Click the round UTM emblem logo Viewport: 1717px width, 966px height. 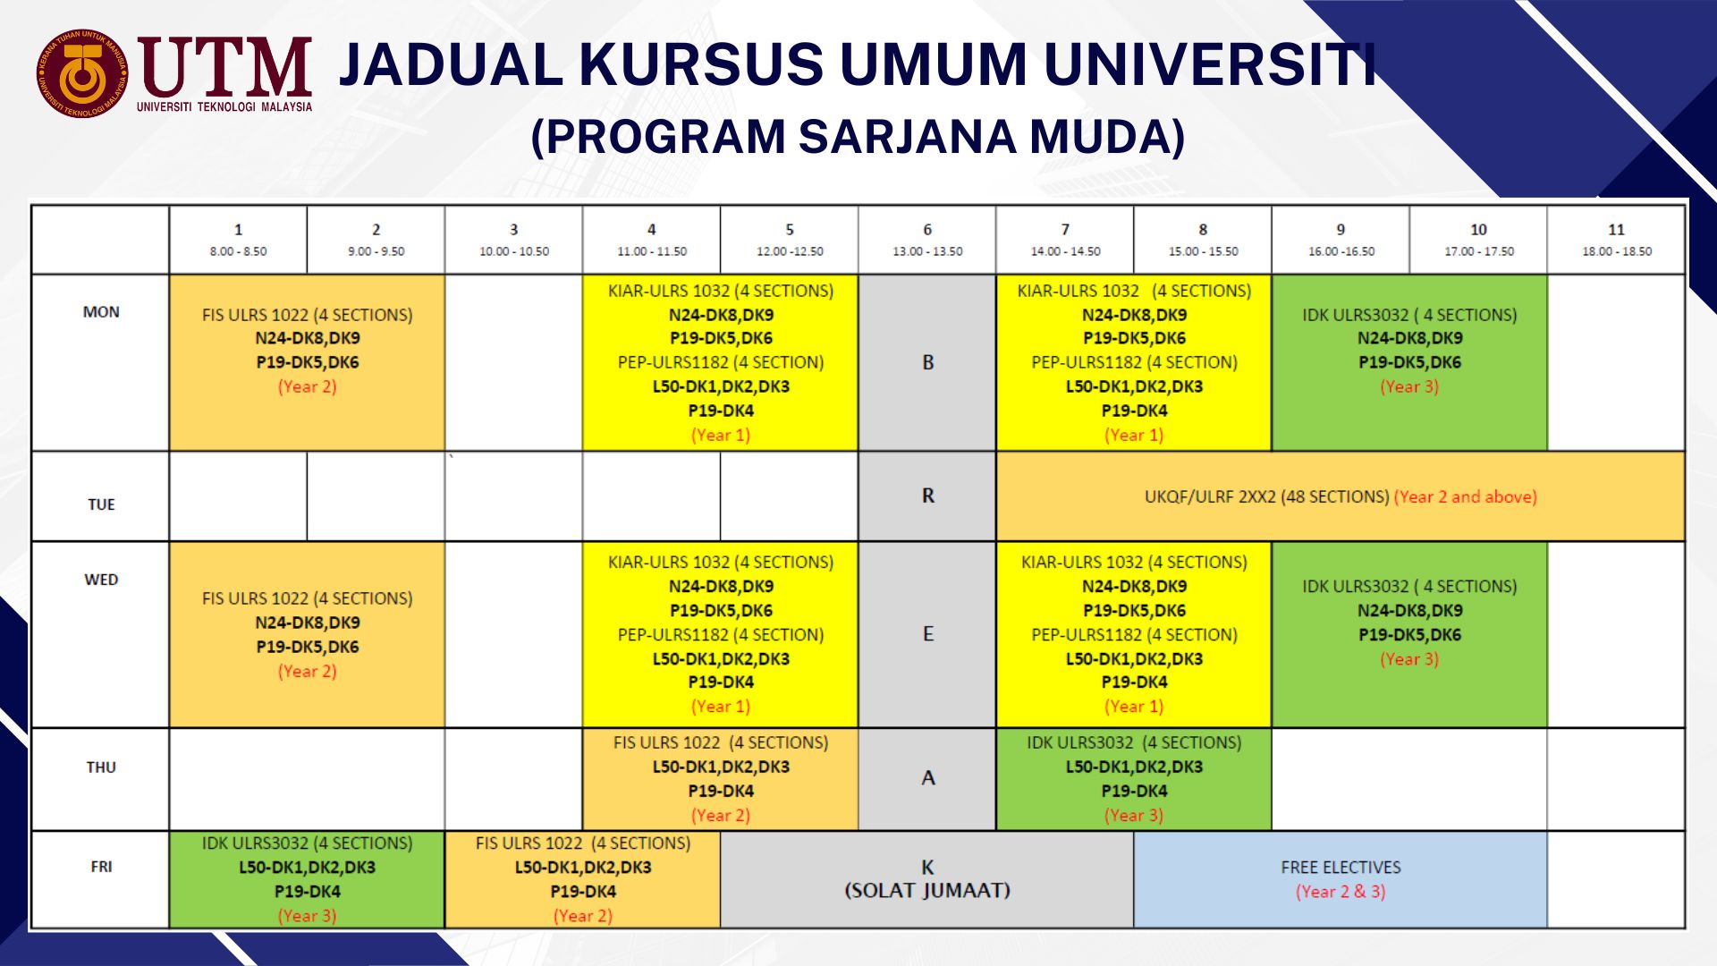pyautogui.click(x=81, y=73)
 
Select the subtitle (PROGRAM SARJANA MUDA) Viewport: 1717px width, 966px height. pyautogui.click(x=858, y=137)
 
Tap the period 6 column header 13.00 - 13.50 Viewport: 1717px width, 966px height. pyautogui.click(x=927, y=240)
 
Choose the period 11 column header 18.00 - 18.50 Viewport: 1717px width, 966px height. pyautogui.click(x=1617, y=240)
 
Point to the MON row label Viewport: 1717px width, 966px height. pyautogui.click(x=101, y=312)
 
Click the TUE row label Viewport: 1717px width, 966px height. pyautogui.click(x=101, y=504)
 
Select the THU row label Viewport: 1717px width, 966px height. pyautogui.click(x=101, y=767)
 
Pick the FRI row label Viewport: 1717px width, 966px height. pyautogui.click(x=101, y=867)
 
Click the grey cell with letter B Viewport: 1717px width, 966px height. pyautogui.click(x=927, y=362)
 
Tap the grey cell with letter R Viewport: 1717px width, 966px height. pyautogui.click(x=927, y=496)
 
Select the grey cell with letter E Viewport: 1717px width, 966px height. pyautogui.click(x=927, y=634)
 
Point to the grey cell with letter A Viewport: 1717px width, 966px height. pyautogui.click(x=927, y=779)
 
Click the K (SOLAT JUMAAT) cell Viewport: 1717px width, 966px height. pyautogui.click(x=927, y=879)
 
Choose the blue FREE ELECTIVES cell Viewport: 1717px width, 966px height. pyautogui.click(x=1341, y=879)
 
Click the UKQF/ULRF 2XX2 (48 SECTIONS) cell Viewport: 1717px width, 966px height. pyautogui.click(x=1341, y=496)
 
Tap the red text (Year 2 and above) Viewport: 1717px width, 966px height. pyautogui.click(x=1466, y=497)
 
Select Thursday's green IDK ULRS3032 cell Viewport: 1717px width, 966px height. pyautogui.click(x=1134, y=779)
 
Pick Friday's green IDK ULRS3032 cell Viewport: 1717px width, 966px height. pyautogui.click(x=307, y=879)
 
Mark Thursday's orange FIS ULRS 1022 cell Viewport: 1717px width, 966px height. pyautogui.click(x=721, y=779)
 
